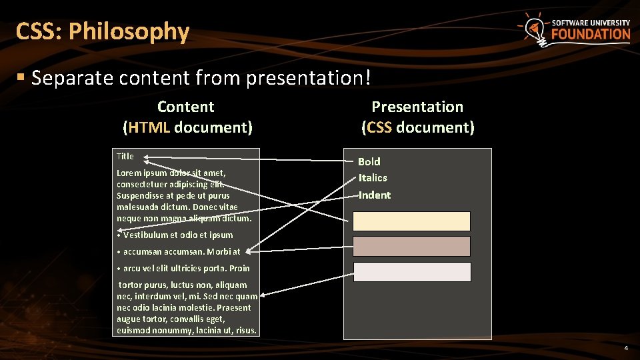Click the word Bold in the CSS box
pyautogui.click(x=369, y=161)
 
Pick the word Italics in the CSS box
pyautogui.click(x=373, y=177)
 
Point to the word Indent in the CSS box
pyautogui.click(x=375, y=195)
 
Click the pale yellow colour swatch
pyautogui.click(x=411, y=221)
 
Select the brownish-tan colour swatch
pyautogui.click(x=411, y=246)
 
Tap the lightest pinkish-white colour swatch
pyautogui.click(x=411, y=272)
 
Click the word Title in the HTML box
pyautogui.click(x=125, y=156)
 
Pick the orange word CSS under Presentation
pyautogui.click(x=379, y=127)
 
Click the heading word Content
pyautogui.click(x=185, y=107)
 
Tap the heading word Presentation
pyautogui.click(x=417, y=107)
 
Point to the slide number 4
pyautogui.click(x=625, y=348)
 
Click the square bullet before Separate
pyautogui.click(x=21, y=78)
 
